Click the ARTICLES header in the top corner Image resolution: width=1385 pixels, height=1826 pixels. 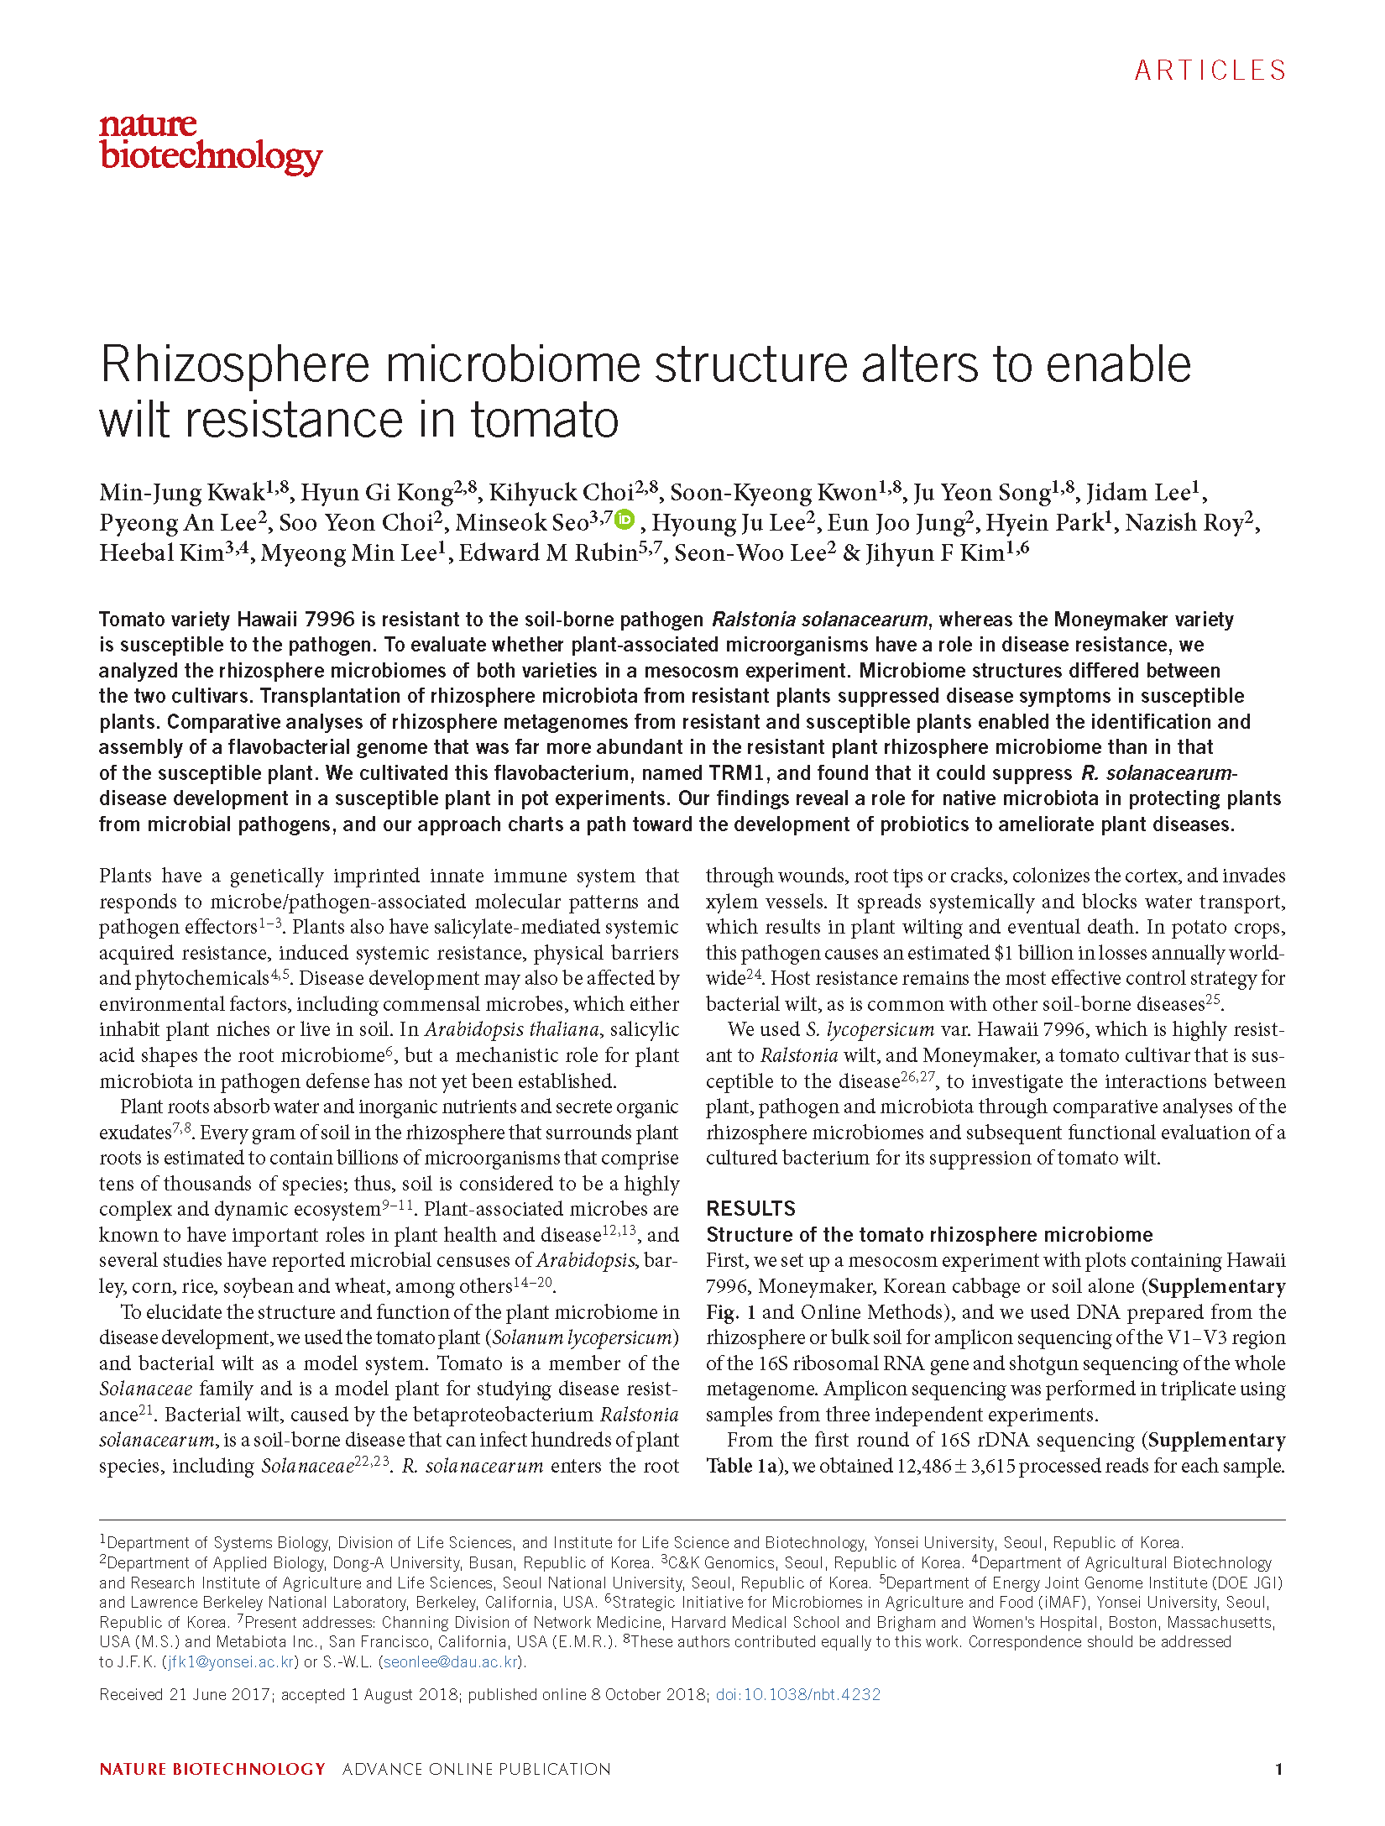(x=1210, y=71)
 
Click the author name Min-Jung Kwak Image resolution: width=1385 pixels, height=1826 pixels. (x=182, y=493)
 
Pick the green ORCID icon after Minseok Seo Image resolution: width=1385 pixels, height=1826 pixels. (x=625, y=520)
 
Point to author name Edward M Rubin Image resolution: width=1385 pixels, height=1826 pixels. (x=548, y=553)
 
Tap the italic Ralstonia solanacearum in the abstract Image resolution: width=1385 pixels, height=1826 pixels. (x=819, y=620)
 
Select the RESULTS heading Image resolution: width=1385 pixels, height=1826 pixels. (x=750, y=1208)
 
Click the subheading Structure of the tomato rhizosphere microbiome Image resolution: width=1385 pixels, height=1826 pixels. (x=929, y=1234)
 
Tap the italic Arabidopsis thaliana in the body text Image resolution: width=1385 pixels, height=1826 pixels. (x=512, y=1029)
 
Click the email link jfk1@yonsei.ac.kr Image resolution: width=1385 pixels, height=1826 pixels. (x=231, y=1661)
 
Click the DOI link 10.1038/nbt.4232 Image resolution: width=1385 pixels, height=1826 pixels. (x=797, y=1694)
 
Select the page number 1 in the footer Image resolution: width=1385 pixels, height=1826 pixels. (x=1278, y=1769)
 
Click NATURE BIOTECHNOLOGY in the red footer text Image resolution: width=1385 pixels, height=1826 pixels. (x=212, y=1769)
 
